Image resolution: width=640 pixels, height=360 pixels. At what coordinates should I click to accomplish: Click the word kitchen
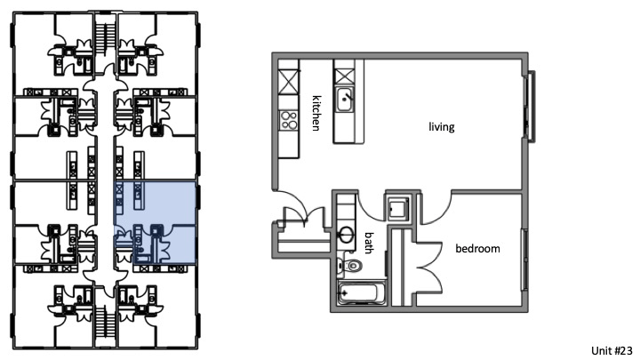(x=315, y=113)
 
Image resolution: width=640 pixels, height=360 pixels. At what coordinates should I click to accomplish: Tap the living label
(x=441, y=127)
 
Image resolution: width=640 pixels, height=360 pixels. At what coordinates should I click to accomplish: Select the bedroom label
(x=477, y=249)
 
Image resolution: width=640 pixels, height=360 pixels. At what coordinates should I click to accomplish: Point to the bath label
(x=370, y=243)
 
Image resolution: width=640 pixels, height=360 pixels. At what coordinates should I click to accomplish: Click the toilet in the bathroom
(x=355, y=266)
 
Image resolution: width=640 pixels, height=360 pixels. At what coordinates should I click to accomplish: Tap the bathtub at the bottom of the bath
(x=362, y=291)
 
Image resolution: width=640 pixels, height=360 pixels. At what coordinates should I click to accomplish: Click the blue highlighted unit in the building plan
(x=156, y=223)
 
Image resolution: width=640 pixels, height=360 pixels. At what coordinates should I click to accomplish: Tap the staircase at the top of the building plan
(x=105, y=36)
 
